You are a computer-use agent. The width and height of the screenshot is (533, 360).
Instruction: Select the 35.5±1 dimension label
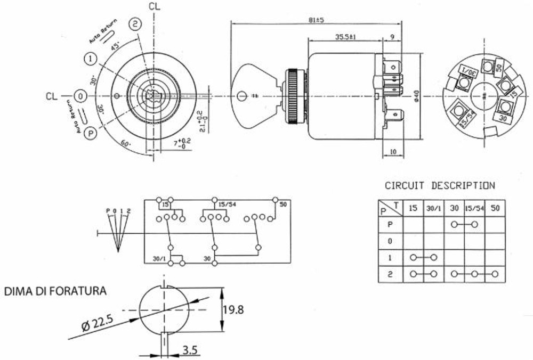pyautogui.click(x=345, y=37)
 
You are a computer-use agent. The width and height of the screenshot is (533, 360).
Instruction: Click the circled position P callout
pyautogui.click(x=91, y=134)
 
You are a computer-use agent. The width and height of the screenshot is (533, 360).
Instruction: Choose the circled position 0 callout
pyautogui.click(x=79, y=96)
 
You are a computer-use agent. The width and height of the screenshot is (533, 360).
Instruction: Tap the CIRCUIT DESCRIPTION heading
pyautogui.click(x=439, y=186)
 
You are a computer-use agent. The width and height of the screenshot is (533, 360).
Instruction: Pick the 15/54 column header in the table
pyautogui.click(x=474, y=208)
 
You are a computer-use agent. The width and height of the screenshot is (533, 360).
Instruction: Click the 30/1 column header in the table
pyautogui.click(x=433, y=208)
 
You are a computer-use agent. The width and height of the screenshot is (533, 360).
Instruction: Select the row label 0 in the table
pyautogui.click(x=390, y=241)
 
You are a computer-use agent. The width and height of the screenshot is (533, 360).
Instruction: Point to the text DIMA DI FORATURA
pyautogui.click(x=55, y=291)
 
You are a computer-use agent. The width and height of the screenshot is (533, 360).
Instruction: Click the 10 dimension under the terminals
pyautogui.click(x=393, y=152)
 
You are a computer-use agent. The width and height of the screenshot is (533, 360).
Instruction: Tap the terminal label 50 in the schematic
pyautogui.click(x=282, y=204)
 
